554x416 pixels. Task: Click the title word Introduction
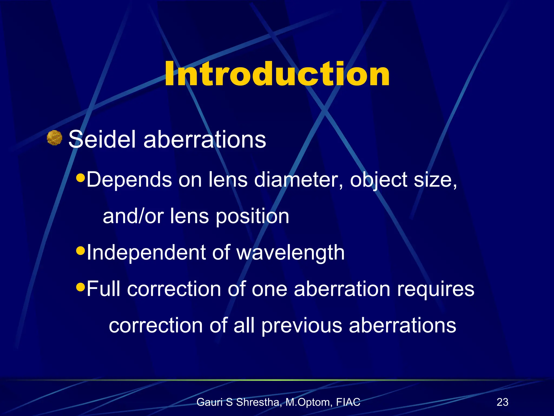(277, 74)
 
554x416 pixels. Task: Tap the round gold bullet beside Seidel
(54, 138)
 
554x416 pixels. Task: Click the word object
(378, 180)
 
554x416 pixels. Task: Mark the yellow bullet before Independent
(81, 251)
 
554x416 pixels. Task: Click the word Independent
(146, 252)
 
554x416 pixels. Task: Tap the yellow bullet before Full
(81, 287)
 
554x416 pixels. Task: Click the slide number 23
(502, 402)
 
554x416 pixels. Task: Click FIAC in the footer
(348, 402)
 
